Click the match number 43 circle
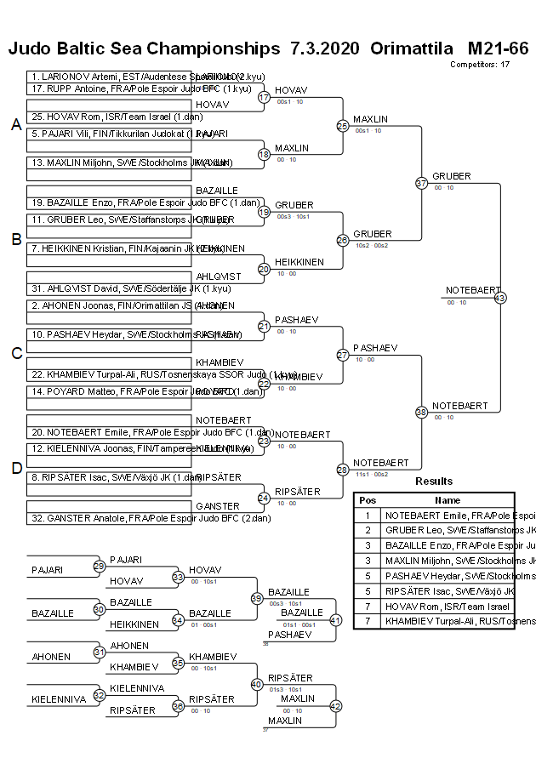tap(499, 298)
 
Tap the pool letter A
tap(15, 125)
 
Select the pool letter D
tap(15, 466)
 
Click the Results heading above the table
tap(434, 482)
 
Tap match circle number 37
tap(421, 183)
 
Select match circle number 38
tap(421, 412)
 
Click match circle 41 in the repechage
tap(335, 620)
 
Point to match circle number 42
tap(335, 706)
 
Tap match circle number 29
tap(100, 566)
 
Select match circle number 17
tap(264, 97)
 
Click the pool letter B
tap(15, 239)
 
